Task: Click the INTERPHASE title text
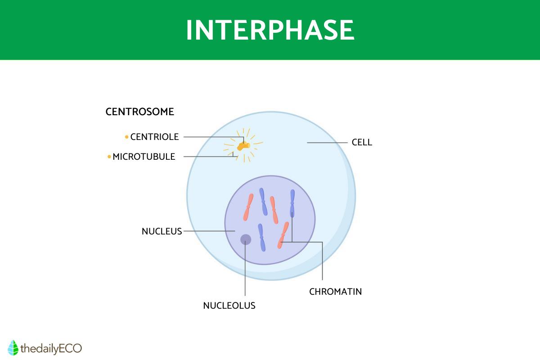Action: tap(270, 30)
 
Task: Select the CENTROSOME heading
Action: tap(140, 112)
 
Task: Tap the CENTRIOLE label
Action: tap(154, 137)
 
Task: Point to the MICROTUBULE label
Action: tap(144, 157)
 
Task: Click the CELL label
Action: tap(362, 142)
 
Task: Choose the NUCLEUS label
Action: tap(162, 231)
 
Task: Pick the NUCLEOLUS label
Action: tap(229, 306)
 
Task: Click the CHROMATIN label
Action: tap(336, 292)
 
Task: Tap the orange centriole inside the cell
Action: tap(243, 146)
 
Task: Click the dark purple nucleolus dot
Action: tap(246, 239)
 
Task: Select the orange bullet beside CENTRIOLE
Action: tap(126, 137)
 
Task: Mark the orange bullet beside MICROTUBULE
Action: tap(109, 157)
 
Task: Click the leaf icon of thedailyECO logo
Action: tap(13, 348)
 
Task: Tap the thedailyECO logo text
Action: tap(51, 349)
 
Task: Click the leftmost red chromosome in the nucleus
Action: tap(248, 207)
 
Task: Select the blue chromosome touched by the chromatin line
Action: tap(292, 203)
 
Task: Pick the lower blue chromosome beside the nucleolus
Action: tap(261, 238)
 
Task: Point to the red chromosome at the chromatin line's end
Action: tap(283, 235)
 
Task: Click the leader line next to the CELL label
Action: tap(327, 143)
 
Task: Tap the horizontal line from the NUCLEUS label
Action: tap(209, 231)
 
